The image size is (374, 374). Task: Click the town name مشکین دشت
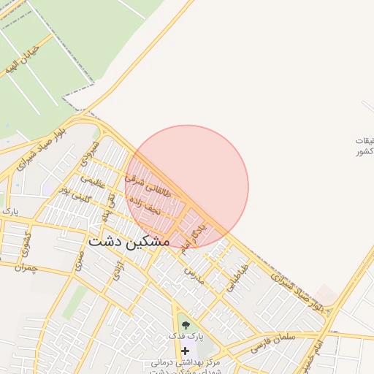pos(129,240)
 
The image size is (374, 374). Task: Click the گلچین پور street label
pos(75,194)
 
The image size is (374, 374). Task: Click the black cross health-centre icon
pos(185,351)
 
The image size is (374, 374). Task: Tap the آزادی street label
pos(118,272)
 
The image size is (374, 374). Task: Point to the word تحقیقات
pos(363,140)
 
